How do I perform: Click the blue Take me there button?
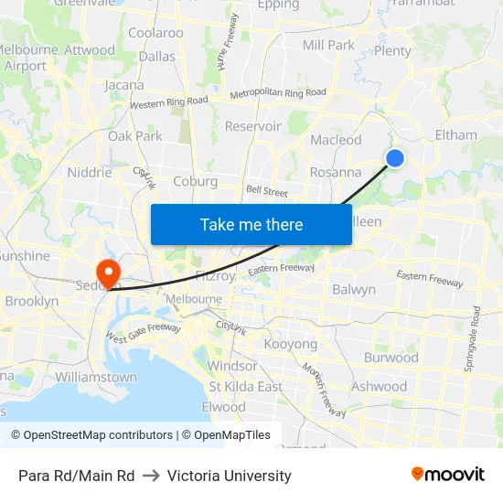pyautogui.click(x=251, y=224)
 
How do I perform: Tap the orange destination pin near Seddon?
pyautogui.click(x=108, y=273)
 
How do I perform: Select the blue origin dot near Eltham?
pyautogui.click(x=395, y=158)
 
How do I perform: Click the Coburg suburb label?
pyautogui.click(x=195, y=181)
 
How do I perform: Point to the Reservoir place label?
pyautogui.click(x=252, y=126)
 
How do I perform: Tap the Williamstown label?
pyautogui.click(x=96, y=377)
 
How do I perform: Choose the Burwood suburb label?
pyautogui.click(x=391, y=358)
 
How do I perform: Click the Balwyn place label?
pyautogui.click(x=354, y=289)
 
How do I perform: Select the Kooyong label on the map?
pyautogui.click(x=291, y=345)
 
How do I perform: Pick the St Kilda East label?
pyautogui.click(x=246, y=386)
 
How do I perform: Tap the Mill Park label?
pyautogui.click(x=328, y=45)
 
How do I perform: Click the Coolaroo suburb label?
pyautogui.click(x=155, y=33)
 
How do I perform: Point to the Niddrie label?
pyautogui.click(x=90, y=172)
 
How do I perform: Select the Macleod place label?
pyautogui.click(x=336, y=140)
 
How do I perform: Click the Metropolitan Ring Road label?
pyautogui.click(x=278, y=93)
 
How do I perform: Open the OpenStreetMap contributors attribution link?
pyautogui.click(x=93, y=435)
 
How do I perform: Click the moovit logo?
pyautogui.click(x=447, y=474)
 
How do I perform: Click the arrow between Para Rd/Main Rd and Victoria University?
pyautogui.click(x=151, y=476)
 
